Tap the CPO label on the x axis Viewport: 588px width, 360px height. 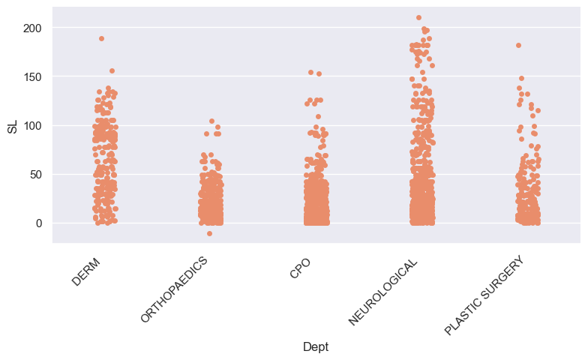(300, 268)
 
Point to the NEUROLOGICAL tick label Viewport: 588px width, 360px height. (383, 290)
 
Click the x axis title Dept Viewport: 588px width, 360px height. (316, 346)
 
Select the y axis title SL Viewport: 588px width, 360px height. (12, 125)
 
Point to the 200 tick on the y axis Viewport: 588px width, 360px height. (31, 28)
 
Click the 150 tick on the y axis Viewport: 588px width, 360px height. (31, 76)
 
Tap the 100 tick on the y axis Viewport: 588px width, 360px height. (31, 125)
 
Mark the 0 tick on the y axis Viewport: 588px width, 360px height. (37, 223)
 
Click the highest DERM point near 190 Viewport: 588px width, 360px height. (101, 38)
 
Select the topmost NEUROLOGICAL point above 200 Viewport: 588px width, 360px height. (418, 17)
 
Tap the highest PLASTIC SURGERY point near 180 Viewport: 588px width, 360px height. (518, 45)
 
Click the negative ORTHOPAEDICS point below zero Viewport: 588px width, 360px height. (209, 233)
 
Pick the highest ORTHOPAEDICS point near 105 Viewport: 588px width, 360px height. (211, 121)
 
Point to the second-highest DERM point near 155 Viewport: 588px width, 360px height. (112, 71)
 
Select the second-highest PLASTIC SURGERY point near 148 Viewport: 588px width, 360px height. (521, 78)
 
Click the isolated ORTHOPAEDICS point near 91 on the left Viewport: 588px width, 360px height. (206, 133)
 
